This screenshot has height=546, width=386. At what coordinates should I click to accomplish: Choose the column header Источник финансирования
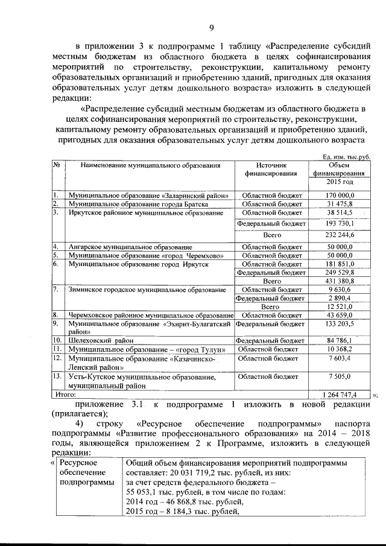(271, 169)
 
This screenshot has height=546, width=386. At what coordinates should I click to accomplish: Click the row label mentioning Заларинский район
(148, 195)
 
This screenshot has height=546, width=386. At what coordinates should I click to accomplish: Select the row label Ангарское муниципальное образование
(130, 247)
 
